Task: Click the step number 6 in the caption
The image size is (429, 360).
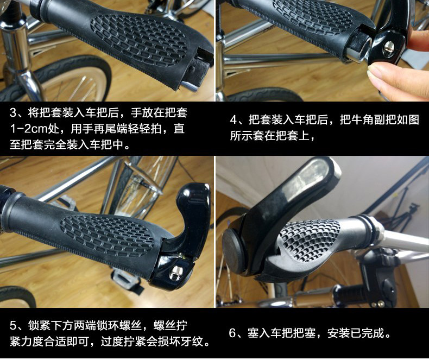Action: (x=232, y=333)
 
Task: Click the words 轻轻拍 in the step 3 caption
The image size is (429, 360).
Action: (x=147, y=130)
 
